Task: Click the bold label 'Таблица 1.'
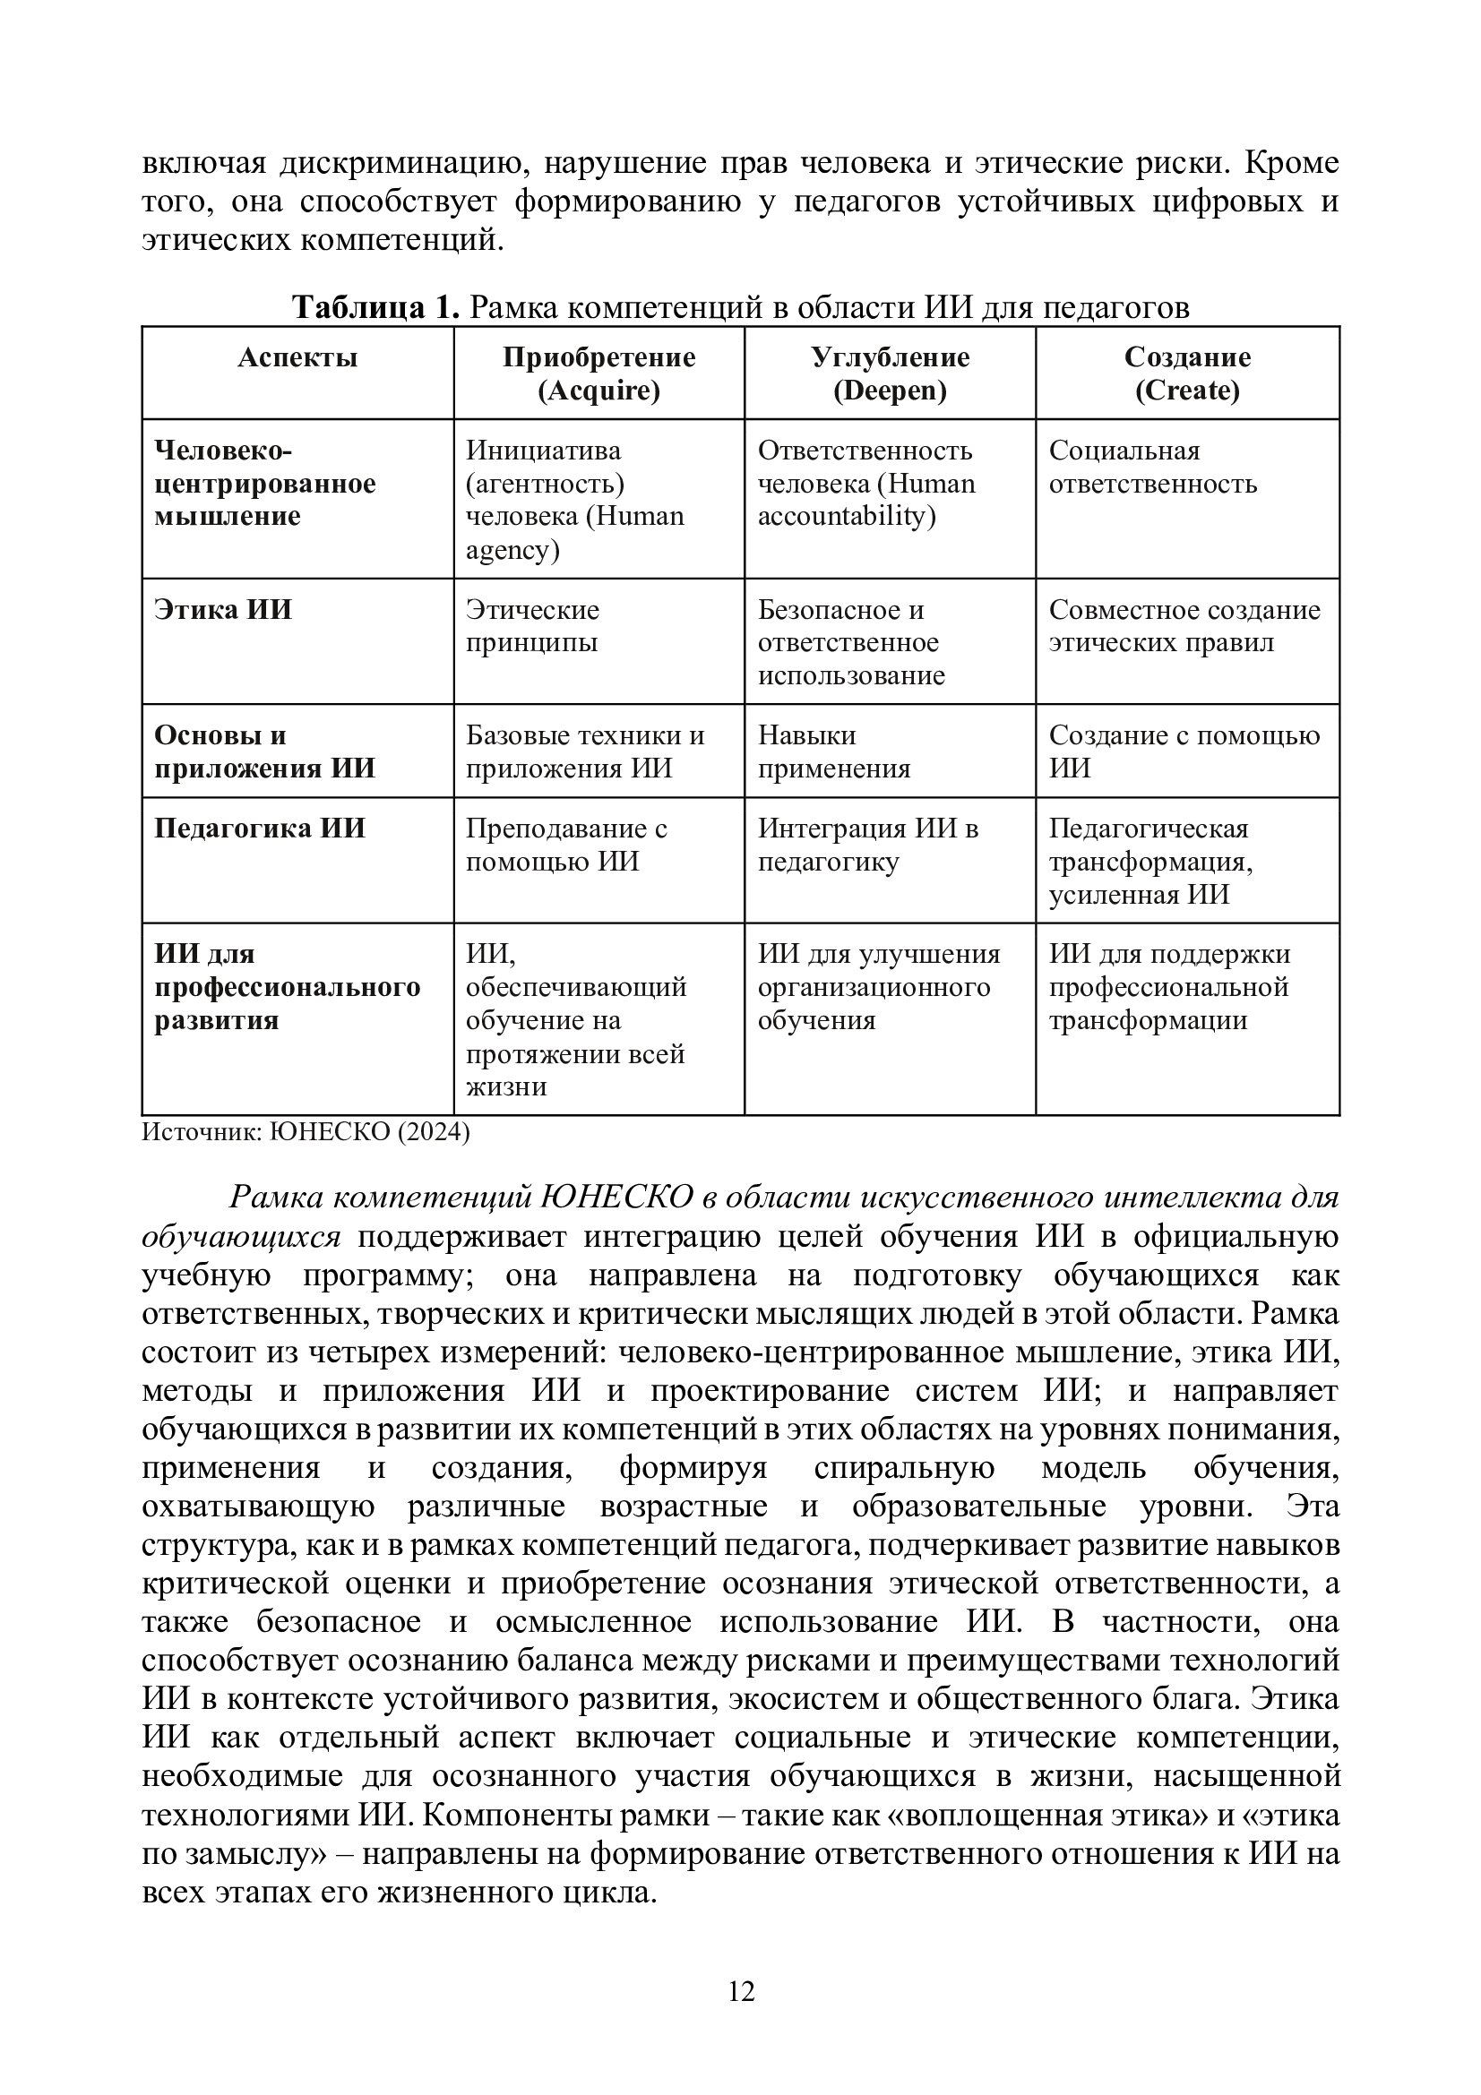(x=375, y=307)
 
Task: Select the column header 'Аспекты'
(x=297, y=356)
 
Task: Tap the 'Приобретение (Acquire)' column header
(x=598, y=373)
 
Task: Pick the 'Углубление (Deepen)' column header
(x=890, y=373)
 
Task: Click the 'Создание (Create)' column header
(x=1187, y=373)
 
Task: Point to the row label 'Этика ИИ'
(x=223, y=610)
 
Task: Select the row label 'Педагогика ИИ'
(x=259, y=828)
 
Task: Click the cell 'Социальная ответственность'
(x=1152, y=468)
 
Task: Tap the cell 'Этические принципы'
(x=533, y=626)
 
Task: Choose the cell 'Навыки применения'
(x=834, y=751)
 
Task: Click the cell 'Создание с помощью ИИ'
(x=1184, y=751)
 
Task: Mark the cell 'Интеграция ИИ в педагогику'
(x=868, y=844)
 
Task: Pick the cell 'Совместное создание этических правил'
(x=1184, y=626)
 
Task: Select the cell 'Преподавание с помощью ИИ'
(x=566, y=844)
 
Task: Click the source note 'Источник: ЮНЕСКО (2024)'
(x=306, y=1132)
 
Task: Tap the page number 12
(x=741, y=1991)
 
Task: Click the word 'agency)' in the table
(x=512, y=550)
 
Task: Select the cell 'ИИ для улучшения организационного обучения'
(x=878, y=986)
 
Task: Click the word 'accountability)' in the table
(x=846, y=517)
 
